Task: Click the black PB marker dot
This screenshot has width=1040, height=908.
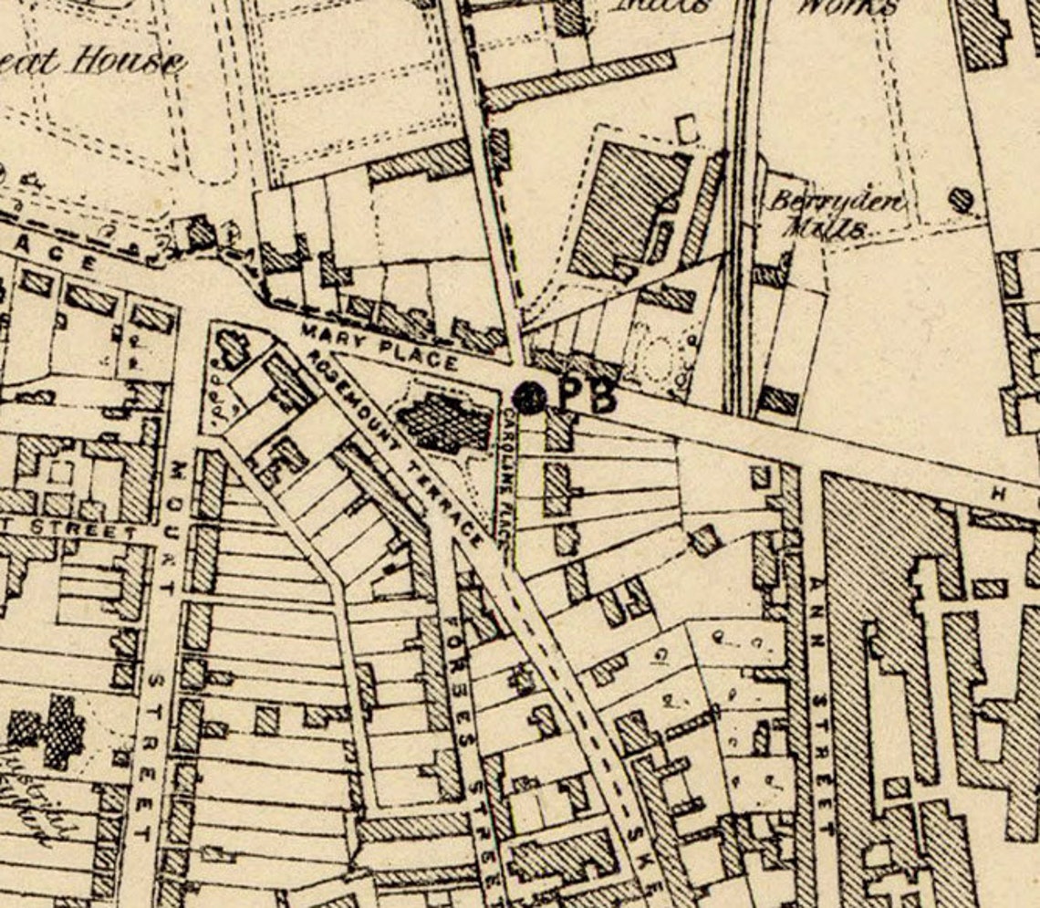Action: pos(529,396)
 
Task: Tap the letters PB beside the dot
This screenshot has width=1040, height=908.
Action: pos(586,396)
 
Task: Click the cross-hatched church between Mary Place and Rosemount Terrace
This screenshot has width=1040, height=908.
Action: pos(444,422)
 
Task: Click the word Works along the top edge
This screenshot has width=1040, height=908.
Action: pos(847,7)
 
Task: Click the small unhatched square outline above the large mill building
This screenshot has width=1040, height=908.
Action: pos(688,129)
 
